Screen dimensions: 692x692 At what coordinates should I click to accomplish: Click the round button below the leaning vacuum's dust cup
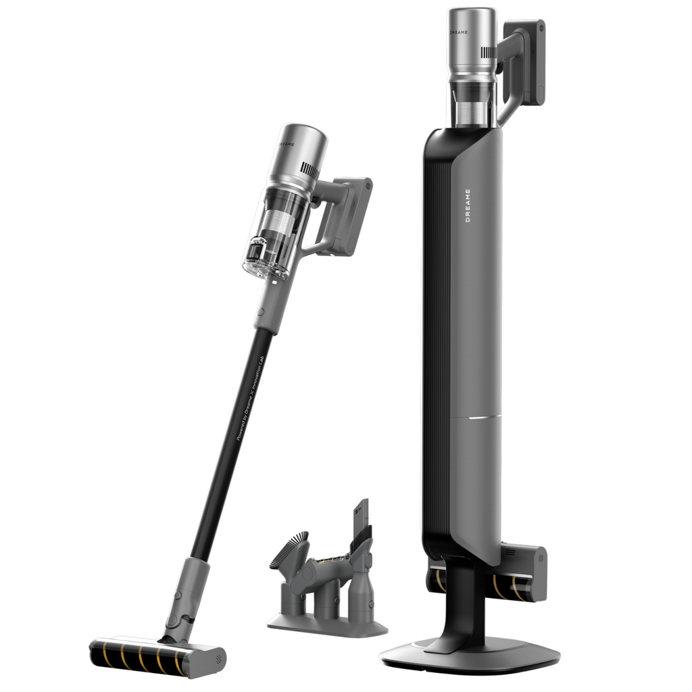point(260,312)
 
